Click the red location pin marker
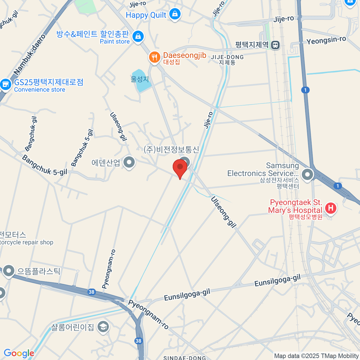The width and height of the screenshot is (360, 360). pyautogui.click(x=180, y=167)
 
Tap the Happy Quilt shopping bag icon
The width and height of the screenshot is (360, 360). pyautogui.click(x=175, y=14)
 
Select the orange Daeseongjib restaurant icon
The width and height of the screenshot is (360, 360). pyautogui.click(x=154, y=57)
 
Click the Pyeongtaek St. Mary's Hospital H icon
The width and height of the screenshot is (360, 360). pyautogui.click(x=331, y=208)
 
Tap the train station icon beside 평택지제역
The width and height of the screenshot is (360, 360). pyautogui.click(x=275, y=45)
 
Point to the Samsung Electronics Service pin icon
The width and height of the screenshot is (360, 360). pyautogui.click(x=307, y=174)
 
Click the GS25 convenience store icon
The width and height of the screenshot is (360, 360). pyautogui.click(x=5, y=84)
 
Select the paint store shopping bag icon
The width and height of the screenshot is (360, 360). pyautogui.click(x=138, y=37)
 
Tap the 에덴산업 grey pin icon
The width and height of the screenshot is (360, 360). pyautogui.click(x=129, y=162)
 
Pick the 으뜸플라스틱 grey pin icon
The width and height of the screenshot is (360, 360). pyautogui.click(x=8, y=271)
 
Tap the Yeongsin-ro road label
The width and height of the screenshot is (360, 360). pyautogui.click(x=326, y=40)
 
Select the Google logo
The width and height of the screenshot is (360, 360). pyautogui.click(x=19, y=353)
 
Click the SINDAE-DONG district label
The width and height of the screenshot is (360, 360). pyautogui.click(x=184, y=358)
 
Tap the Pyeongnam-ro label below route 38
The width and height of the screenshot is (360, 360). pyautogui.click(x=148, y=314)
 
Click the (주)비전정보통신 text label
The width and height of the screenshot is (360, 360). pyautogui.click(x=171, y=149)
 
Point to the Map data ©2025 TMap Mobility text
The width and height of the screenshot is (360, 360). pyautogui.click(x=316, y=356)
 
